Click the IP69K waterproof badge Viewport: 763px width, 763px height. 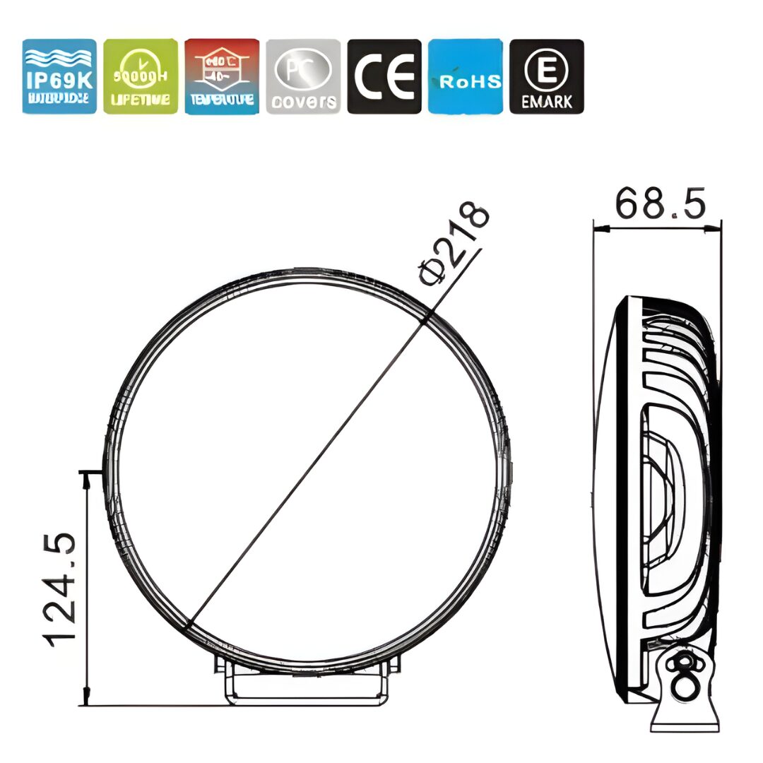[x=59, y=76]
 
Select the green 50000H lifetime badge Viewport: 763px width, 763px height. [x=141, y=76]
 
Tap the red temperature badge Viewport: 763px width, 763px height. [x=222, y=76]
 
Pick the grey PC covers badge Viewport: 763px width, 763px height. [x=303, y=76]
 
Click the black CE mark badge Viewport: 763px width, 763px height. [x=384, y=76]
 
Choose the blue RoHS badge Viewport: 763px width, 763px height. [x=466, y=76]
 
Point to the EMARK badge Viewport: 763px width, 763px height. [x=547, y=76]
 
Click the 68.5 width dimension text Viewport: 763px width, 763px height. [x=660, y=204]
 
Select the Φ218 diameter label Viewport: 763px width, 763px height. [x=454, y=244]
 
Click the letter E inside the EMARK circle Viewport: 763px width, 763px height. [x=547, y=70]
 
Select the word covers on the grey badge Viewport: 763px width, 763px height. [x=304, y=101]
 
